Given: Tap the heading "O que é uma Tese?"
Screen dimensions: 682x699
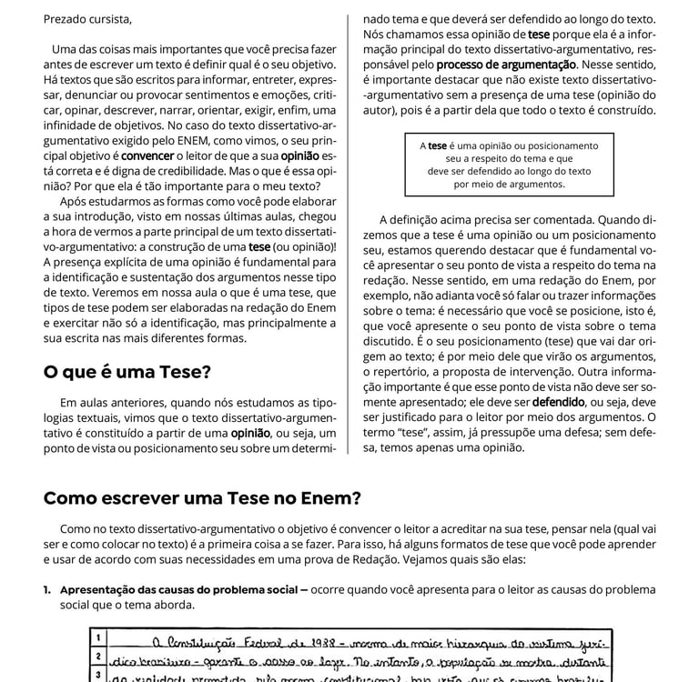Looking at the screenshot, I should tap(127, 373).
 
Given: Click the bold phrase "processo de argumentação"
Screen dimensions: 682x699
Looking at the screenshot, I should tap(506, 65).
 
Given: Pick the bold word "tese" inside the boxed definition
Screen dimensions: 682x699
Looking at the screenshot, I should tap(438, 145).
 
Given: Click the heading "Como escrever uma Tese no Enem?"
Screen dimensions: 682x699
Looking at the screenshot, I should tap(202, 498).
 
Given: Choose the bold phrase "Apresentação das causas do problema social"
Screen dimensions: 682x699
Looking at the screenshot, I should tap(178, 589).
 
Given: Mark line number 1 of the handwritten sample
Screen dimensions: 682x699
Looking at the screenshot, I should tap(97, 637).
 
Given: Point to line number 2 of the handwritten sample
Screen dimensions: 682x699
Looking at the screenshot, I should tap(97, 656).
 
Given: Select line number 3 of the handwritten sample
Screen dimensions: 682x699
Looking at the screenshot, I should tap(97, 675).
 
